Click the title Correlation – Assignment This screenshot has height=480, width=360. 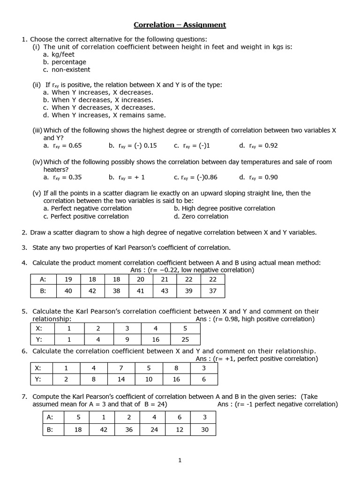pos(180,25)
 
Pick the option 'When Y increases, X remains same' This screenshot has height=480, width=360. pos(108,115)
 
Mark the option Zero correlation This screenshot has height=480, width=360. pos(205,216)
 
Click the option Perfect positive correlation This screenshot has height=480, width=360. pos(89,216)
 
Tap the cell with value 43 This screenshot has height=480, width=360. pos(165,291)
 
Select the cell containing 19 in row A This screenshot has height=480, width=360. pos(68,279)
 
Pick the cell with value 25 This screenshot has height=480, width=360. pos(185,339)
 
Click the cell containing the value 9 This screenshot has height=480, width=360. pos(127,339)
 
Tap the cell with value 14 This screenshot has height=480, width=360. pos(121,379)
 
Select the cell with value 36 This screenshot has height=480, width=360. pos(129,429)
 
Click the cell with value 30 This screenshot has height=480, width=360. pos(204,429)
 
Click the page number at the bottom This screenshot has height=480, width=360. pos(180,460)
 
